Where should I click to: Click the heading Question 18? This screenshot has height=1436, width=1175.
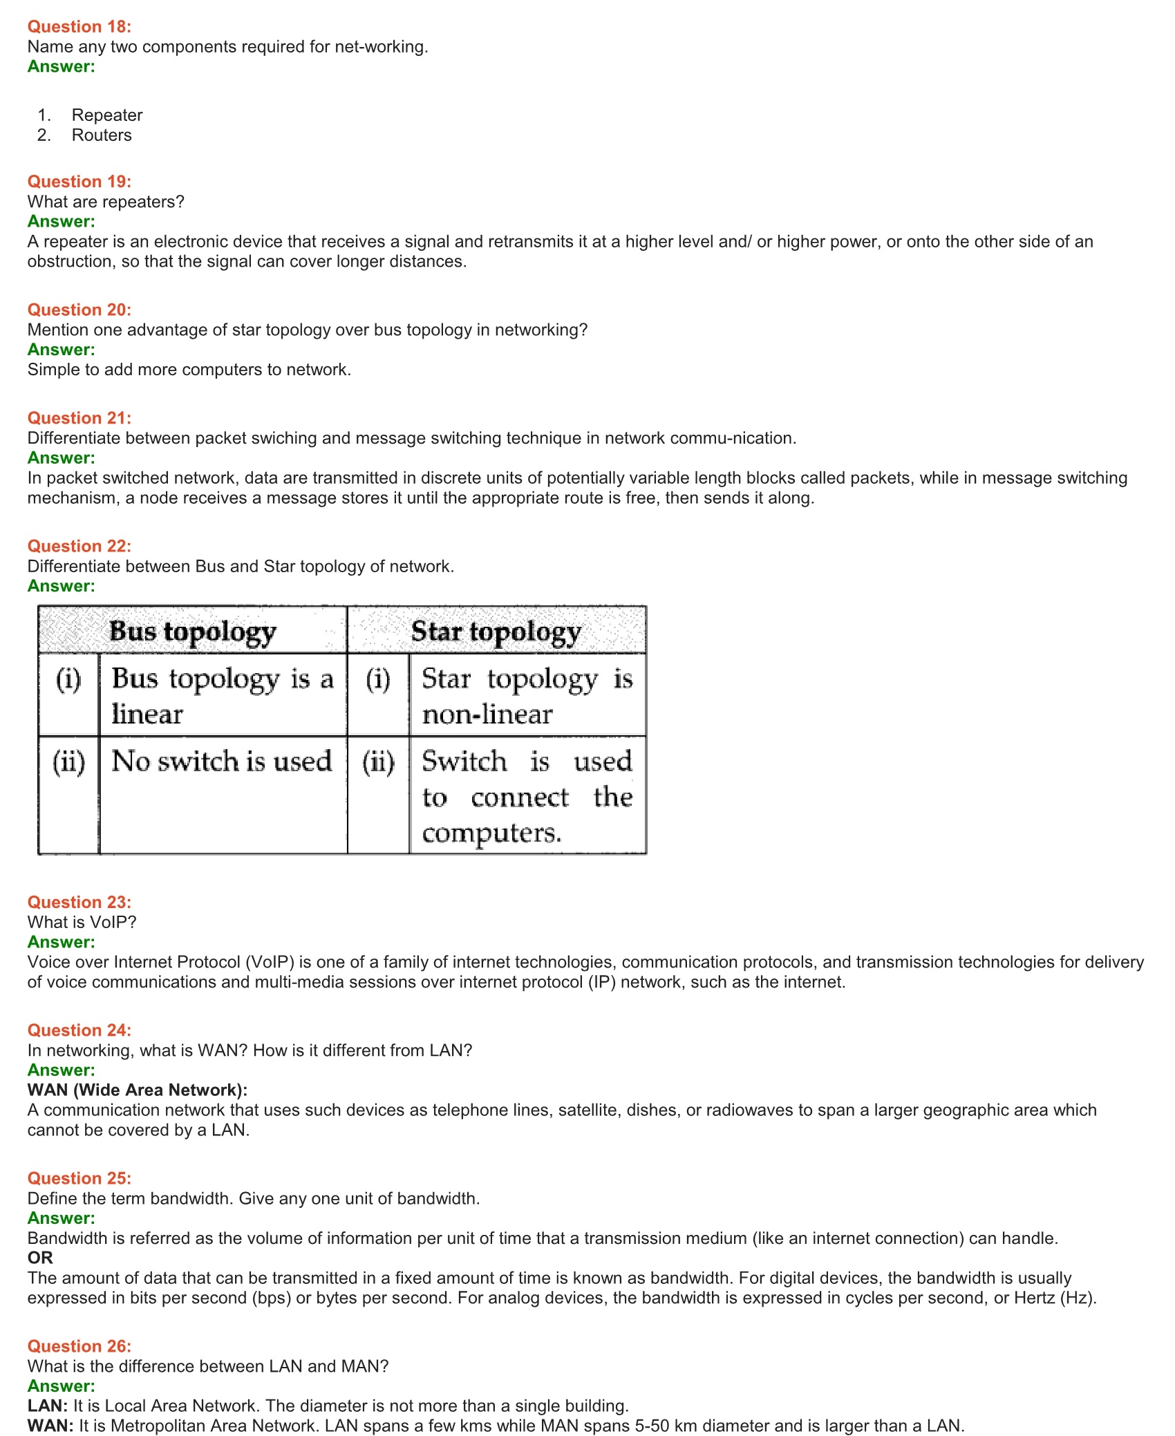tap(79, 27)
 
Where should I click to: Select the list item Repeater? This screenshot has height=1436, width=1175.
tap(107, 115)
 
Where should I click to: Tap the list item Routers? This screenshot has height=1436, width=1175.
tap(102, 135)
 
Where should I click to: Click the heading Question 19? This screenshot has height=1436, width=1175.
tap(79, 182)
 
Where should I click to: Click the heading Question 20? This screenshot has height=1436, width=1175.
tap(79, 310)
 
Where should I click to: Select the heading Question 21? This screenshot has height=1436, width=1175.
tap(79, 418)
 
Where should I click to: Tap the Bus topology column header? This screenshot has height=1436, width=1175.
tap(193, 631)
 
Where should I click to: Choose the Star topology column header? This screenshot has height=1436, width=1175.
tap(496, 631)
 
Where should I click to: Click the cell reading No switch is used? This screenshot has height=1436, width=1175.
tap(222, 762)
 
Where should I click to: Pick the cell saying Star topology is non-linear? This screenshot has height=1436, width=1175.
tap(527, 696)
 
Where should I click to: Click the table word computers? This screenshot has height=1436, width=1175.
tap(491, 833)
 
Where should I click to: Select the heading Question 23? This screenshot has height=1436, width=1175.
tap(79, 903)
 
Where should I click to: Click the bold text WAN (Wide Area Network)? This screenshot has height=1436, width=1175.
tap(138, 1090)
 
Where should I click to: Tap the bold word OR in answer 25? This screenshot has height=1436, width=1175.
tap(40, 1258)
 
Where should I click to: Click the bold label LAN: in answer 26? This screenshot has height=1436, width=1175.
tap(47, 1406)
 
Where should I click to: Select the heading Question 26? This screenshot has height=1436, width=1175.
tap(79, 1346)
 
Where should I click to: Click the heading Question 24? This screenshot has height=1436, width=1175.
tap(79, 1030)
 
